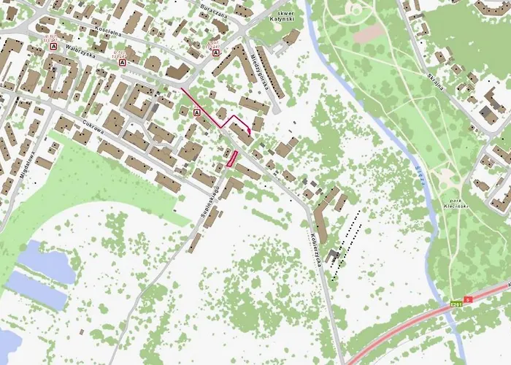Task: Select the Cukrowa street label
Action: pyautogui.click(x=95, y=130)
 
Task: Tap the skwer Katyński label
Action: pyautogui.click(x=281, y=18)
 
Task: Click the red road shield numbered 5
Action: pyautogui.click(x=469, y=299)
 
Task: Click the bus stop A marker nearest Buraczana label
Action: pyautogui.click(x=215, y=53)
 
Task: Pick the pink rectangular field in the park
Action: pyautogui.click(x=368, y=33)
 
